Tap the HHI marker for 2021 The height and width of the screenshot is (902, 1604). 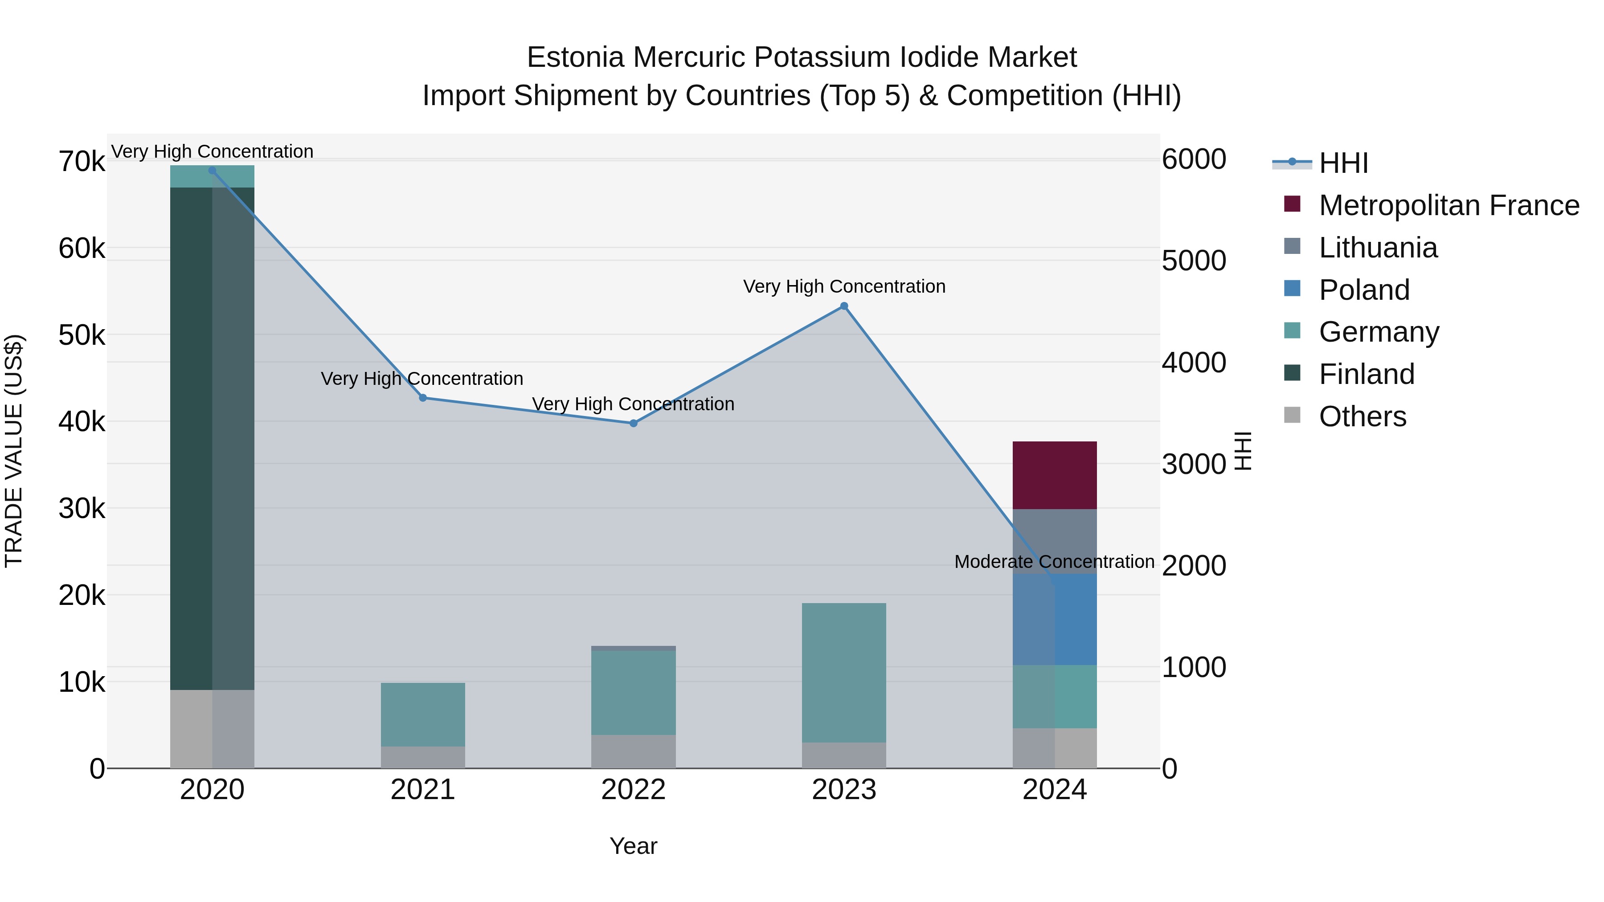point(423,398)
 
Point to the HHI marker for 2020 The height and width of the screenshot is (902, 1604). point(213,171)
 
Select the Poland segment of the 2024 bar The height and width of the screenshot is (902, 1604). point(1054,620)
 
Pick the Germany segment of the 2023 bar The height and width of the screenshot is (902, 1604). point(844,672)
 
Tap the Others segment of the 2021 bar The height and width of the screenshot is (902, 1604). point(423,757)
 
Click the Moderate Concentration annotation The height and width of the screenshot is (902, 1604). point(1054,562)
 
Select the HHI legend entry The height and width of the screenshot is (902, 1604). point(1342,163)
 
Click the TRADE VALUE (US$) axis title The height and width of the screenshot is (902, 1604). point(14,451)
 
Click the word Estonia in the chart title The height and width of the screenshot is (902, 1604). point(575,57)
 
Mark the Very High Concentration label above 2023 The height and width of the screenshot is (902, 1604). point(844,286)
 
